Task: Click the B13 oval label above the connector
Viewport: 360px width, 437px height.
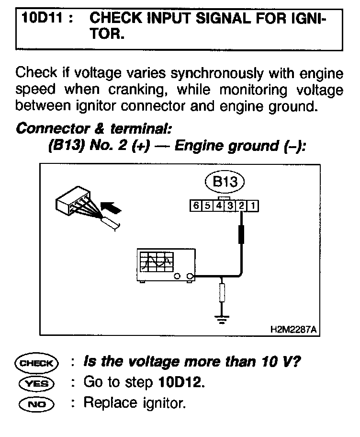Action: [224, 182]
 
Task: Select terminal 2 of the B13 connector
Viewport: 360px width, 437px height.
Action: [242, 206]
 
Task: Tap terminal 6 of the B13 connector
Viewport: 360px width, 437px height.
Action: [195, 206]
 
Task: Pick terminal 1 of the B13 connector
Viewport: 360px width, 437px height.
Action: [253, 206]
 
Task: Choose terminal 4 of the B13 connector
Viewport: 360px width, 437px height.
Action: [218, 206]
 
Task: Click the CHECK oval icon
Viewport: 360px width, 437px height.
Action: [36, 362]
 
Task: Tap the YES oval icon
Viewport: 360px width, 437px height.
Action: [36, 383]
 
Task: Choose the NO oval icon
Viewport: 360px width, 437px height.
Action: [36, 403]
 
